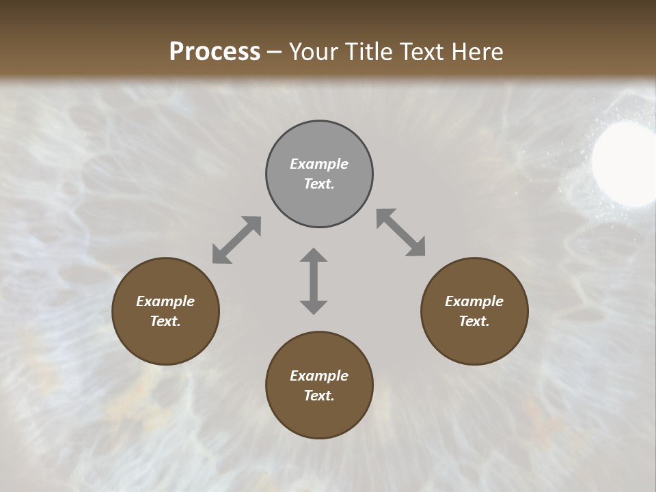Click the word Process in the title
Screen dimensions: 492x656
215,51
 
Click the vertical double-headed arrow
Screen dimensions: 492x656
314,282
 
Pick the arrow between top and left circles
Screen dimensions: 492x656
236,240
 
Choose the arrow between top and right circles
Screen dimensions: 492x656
400,233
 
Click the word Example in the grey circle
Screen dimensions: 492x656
319,164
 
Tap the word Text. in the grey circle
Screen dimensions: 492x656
319,184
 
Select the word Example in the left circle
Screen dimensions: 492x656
165,301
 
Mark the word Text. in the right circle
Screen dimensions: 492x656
474,321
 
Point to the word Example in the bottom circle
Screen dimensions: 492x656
319,376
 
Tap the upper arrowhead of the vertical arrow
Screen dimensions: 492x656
314,256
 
